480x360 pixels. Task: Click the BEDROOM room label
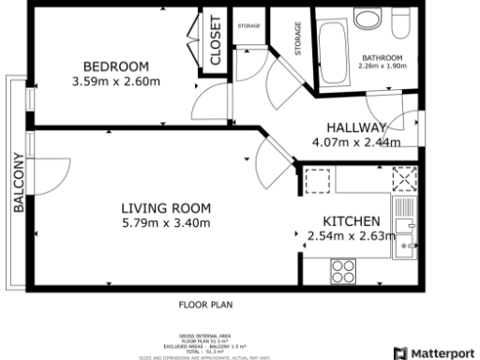(x=116, y=67)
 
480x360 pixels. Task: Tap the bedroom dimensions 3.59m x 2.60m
(x=116, y=82)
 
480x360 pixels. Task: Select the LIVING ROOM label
(x=166, y=208)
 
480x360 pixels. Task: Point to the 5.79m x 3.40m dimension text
(x=166, y=223)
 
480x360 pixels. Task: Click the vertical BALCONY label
(x=18, y=184)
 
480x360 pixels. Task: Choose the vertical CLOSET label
(x=215, y=41)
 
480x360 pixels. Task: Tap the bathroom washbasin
(x=368, y=21)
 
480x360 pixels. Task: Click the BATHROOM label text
(x=382, y=58)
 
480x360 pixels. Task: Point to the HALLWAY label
(x=356, y=128)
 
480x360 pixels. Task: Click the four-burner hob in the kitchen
(x=343, y=270)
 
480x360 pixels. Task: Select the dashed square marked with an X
(x=404, y=178)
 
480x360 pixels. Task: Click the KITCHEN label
(x=345, y=220)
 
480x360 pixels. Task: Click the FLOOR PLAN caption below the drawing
(x=205, y=305)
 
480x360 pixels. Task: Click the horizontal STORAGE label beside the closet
(x=248, y=25)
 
